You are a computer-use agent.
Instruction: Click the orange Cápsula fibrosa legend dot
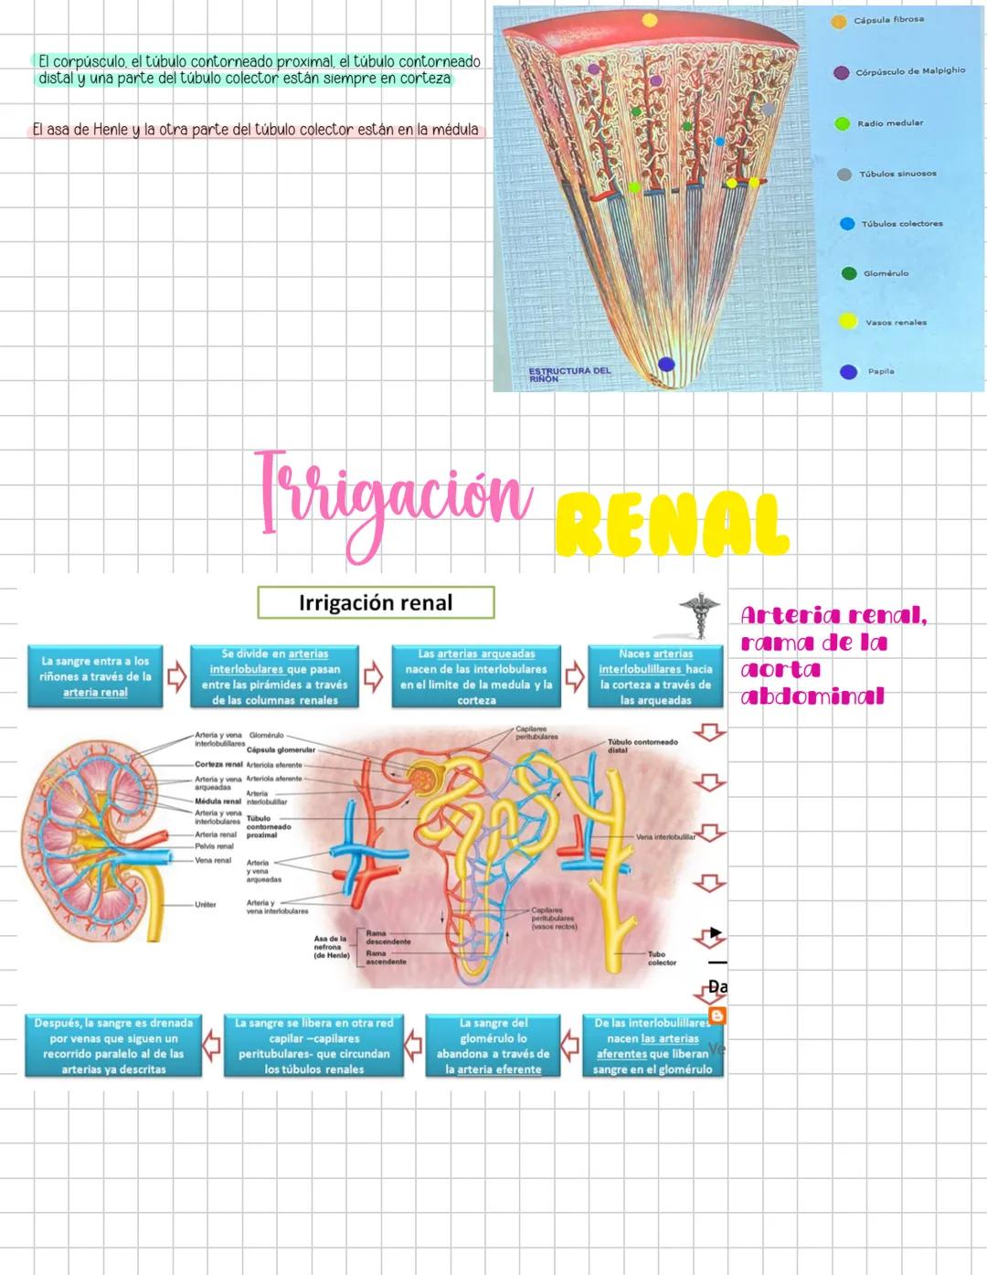pos(838,22)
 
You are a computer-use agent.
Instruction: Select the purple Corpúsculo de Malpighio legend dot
pos(841,72)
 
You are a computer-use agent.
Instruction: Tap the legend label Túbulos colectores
pos(901,224)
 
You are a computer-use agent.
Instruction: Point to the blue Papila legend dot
pos(848,372)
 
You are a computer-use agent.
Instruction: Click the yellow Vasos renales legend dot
pos(848,321)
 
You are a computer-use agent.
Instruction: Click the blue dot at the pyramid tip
pos(666,364)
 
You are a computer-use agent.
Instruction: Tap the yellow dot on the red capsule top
pos(649,19)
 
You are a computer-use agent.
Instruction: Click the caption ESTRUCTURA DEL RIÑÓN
pos(569,374)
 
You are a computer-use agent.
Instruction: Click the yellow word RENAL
pos(672,526)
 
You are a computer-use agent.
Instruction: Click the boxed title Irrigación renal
pos(376,603)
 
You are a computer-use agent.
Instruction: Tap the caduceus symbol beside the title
pos(699,614)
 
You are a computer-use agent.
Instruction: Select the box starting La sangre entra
pos(95,676)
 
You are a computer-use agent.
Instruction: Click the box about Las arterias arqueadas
pos(476,676)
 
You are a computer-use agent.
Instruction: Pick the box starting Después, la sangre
pos(113,1046)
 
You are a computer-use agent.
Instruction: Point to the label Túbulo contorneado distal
pos(642,746)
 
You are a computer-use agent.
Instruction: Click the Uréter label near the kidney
pos(205,905)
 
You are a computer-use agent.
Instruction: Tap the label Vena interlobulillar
pos(665,836)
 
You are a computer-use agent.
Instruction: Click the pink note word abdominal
pos(812,696)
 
